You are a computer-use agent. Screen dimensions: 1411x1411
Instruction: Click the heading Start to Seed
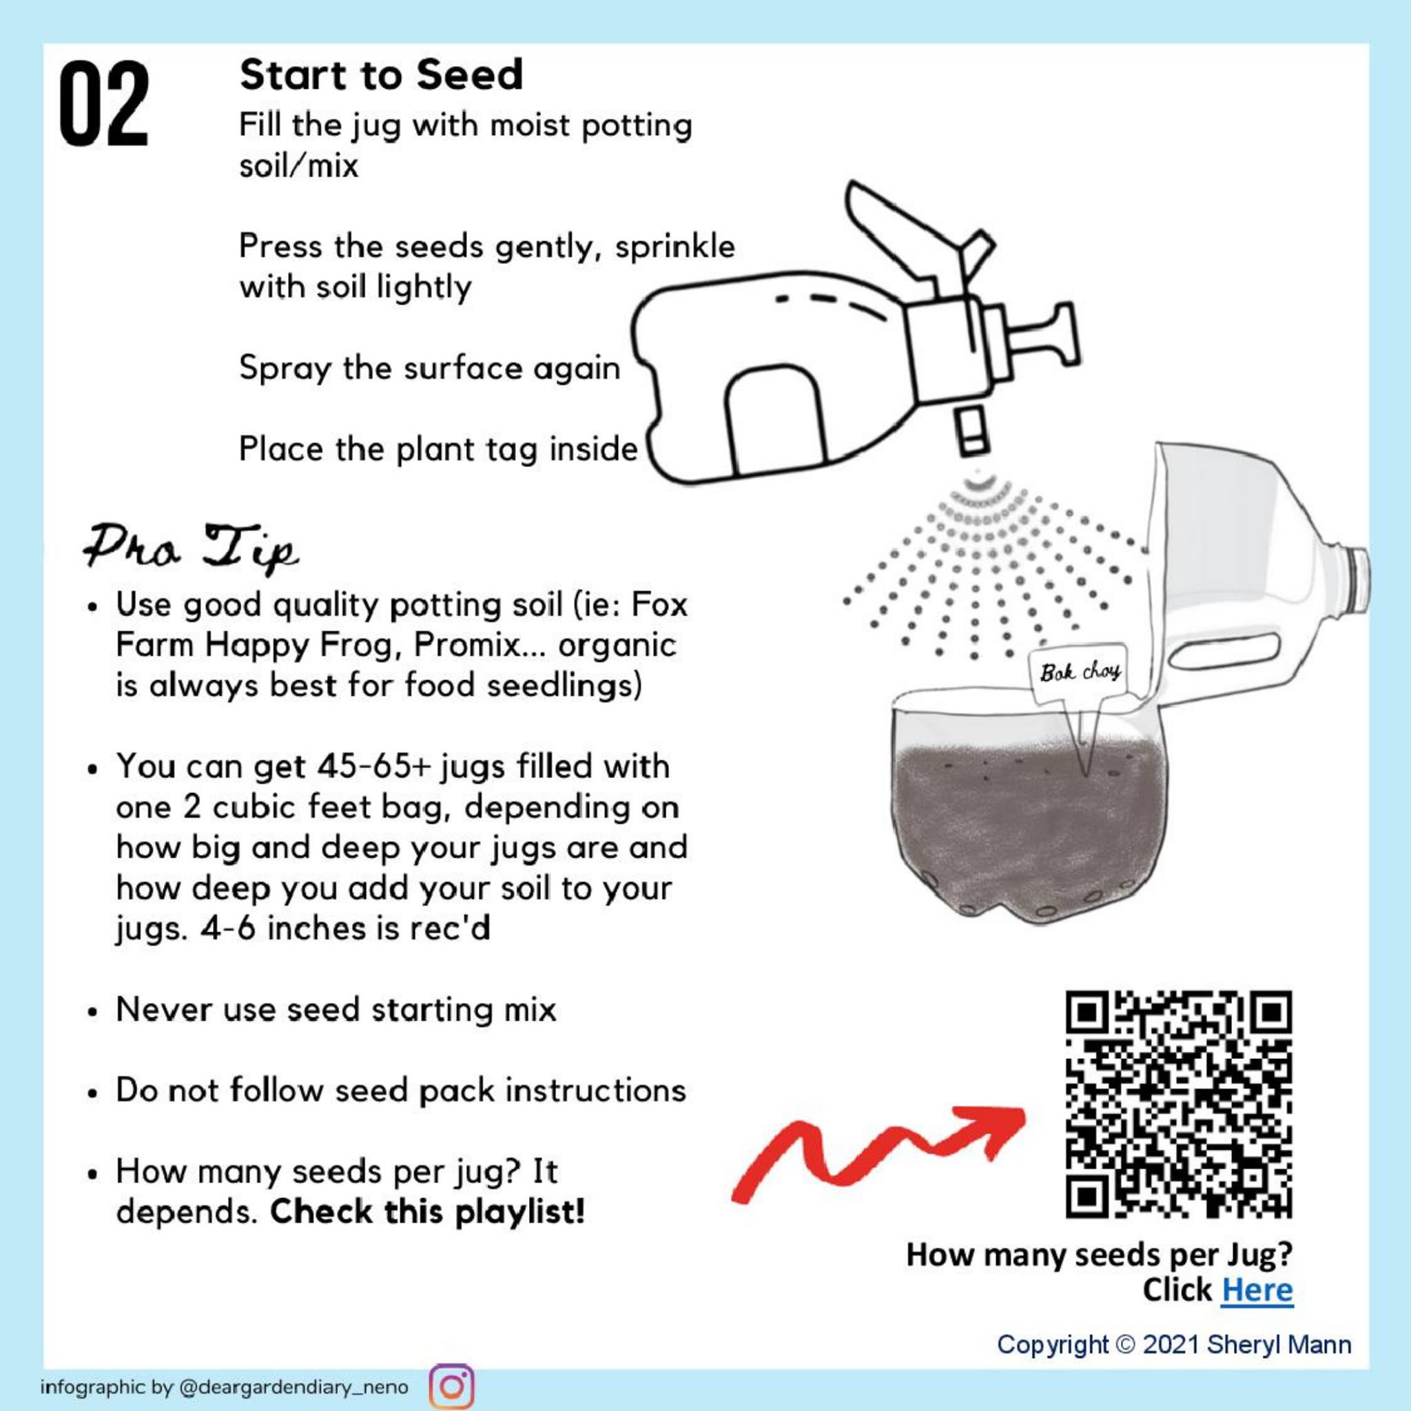tap(381, 74)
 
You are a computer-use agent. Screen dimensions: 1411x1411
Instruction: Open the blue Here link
tap(1257, 1290)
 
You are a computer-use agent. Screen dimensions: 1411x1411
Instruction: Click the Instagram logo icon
tap(451, 1386)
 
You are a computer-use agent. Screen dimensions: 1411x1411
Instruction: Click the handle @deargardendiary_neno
tap(293, 1387)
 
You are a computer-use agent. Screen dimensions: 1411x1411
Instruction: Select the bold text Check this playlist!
tap(427, 1213)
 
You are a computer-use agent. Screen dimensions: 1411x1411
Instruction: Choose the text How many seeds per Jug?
tap(1099, 1254)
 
